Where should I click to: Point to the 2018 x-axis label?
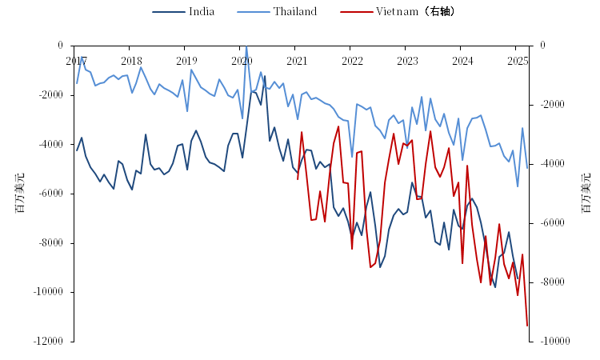[x=131, y=61]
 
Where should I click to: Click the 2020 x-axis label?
[x=242, y=61]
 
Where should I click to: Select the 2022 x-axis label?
[x=352, y=61]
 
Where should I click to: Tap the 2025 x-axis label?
[x=517, y=61]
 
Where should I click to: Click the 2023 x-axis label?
[x=407, y=61]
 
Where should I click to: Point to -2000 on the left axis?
[x=51, y=95]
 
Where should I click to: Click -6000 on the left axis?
[x=51, y=194]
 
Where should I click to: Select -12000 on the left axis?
[x=49, y=342]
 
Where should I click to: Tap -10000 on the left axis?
[x=49, y=292]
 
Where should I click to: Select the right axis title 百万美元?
[x=586, y=193]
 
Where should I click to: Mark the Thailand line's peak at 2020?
[x=246, y=46]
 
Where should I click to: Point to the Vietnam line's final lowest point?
[x=527, y=325]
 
